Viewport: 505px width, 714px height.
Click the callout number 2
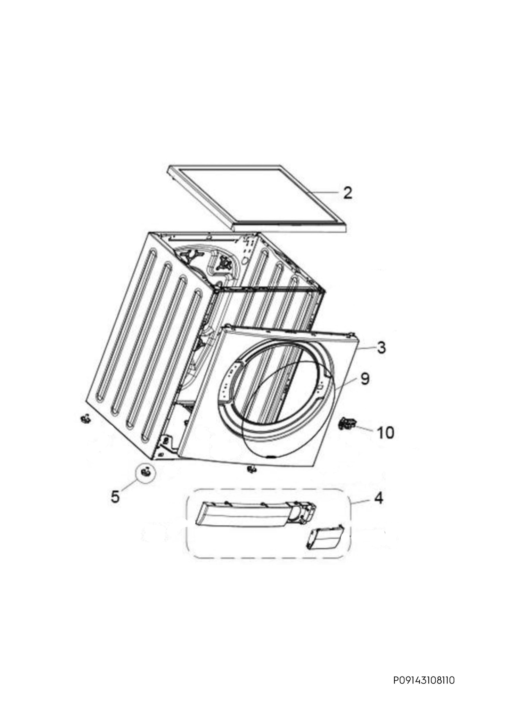(347, 193)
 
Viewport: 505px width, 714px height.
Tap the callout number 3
(381, 347)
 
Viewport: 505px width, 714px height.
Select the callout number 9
(365, 379)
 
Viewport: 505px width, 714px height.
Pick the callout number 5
(115, 497)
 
